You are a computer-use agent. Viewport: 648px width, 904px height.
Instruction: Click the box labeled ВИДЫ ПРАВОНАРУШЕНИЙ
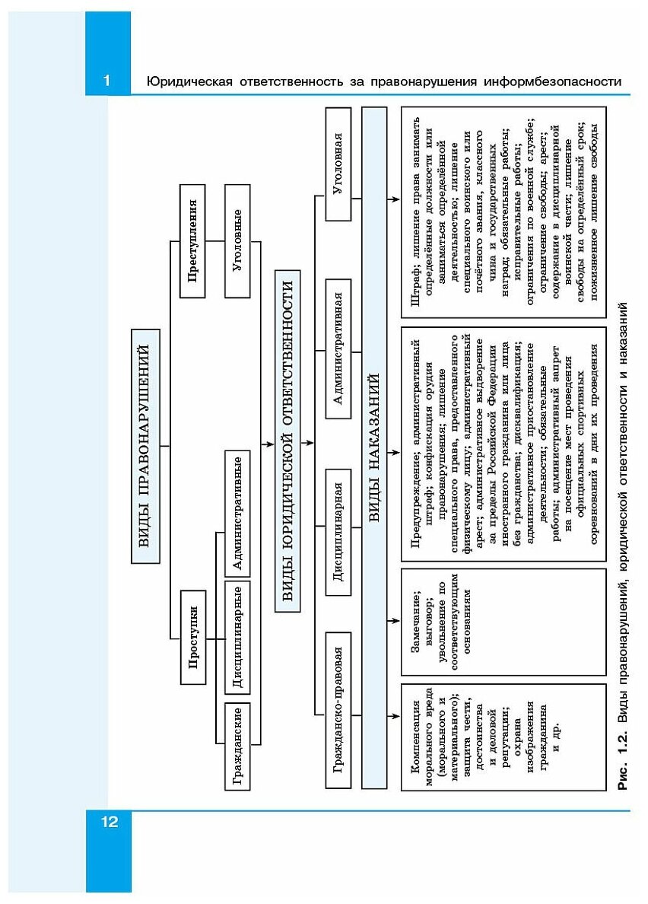(x=146, y=445)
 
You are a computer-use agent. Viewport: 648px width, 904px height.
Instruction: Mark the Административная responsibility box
(x=340, y=348)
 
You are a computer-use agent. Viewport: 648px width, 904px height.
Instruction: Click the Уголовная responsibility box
(x=340, y=164)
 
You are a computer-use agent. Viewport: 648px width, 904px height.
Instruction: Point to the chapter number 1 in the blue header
(x=107, y=81)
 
